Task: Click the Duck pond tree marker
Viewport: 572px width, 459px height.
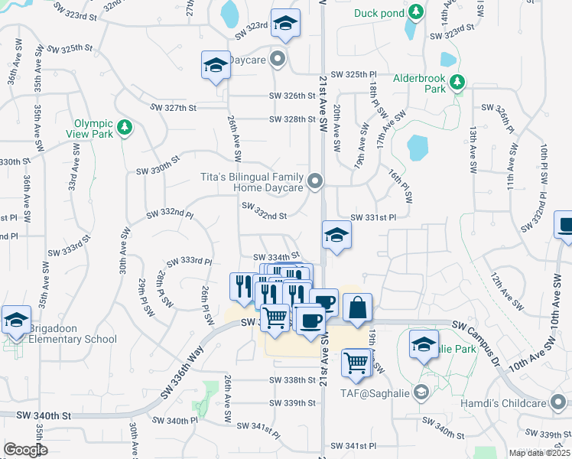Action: (x=415, y=12)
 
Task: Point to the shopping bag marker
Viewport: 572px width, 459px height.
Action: (x=357, y=308)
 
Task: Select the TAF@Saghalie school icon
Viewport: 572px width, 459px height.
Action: (x=420, y=393)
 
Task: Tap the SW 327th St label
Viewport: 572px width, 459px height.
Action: (x=174, y=108)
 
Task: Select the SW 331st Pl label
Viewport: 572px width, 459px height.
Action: (x=373, y=218)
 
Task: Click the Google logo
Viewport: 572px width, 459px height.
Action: (x=26, y=450)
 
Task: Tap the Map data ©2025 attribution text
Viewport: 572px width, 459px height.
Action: (x=539, y=453)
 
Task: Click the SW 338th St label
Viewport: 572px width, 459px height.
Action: (x=292, y=380)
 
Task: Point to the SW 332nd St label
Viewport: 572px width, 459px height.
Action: (x=264, y=211)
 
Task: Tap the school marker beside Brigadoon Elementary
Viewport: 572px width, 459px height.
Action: (x=15, y=320)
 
